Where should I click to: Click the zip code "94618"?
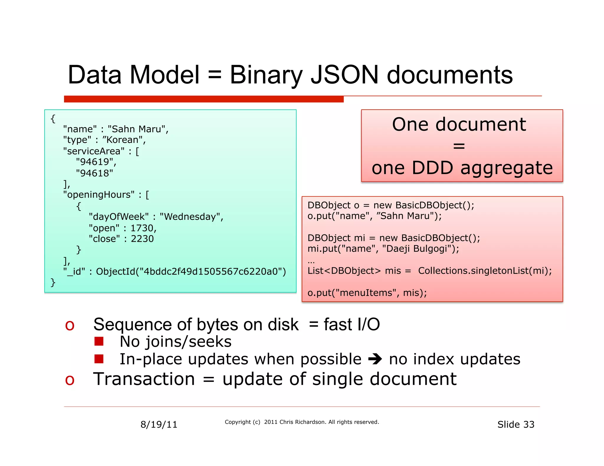[94, 173]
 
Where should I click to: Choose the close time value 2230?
[142, 239]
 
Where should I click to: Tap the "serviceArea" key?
[94, 151]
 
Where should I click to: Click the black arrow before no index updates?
[375, 359]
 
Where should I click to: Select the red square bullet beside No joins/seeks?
[99, 341]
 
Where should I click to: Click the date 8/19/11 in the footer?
[159, 424]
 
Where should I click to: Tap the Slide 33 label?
[516, 424]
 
